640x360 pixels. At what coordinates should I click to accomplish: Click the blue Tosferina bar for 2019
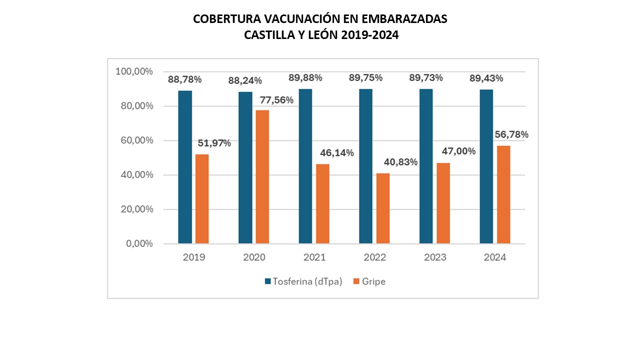point(185,167)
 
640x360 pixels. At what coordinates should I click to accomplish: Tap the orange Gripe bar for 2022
point(383,208)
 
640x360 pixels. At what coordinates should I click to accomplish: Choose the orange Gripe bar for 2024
point(503,194)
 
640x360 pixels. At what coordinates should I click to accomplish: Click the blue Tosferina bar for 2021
point(305,166)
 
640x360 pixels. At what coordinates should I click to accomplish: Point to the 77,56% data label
point(276,100)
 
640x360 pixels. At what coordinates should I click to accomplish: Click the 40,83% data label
point(400,162)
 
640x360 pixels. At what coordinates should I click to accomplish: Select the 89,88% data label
point(305,78)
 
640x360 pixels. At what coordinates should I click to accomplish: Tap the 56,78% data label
point(511,134)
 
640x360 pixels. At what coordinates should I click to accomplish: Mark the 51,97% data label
point(214,143)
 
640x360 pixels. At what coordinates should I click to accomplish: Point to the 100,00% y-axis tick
point(133,71)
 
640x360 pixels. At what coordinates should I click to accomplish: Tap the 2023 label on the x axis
point(435,258)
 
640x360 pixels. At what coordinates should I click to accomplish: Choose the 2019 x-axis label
point(193,258)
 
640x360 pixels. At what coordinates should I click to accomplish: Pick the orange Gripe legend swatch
point(356,281)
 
